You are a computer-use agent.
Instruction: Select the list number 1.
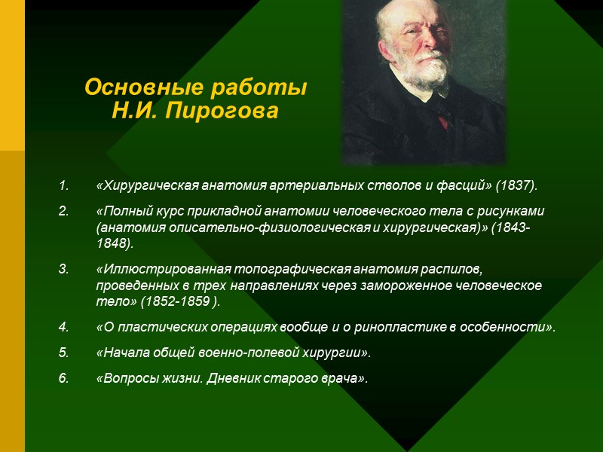[63, 185]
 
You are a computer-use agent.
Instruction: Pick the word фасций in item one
[461, 185]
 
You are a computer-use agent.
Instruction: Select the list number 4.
[63, 328]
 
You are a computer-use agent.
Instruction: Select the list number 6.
[63, 377]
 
